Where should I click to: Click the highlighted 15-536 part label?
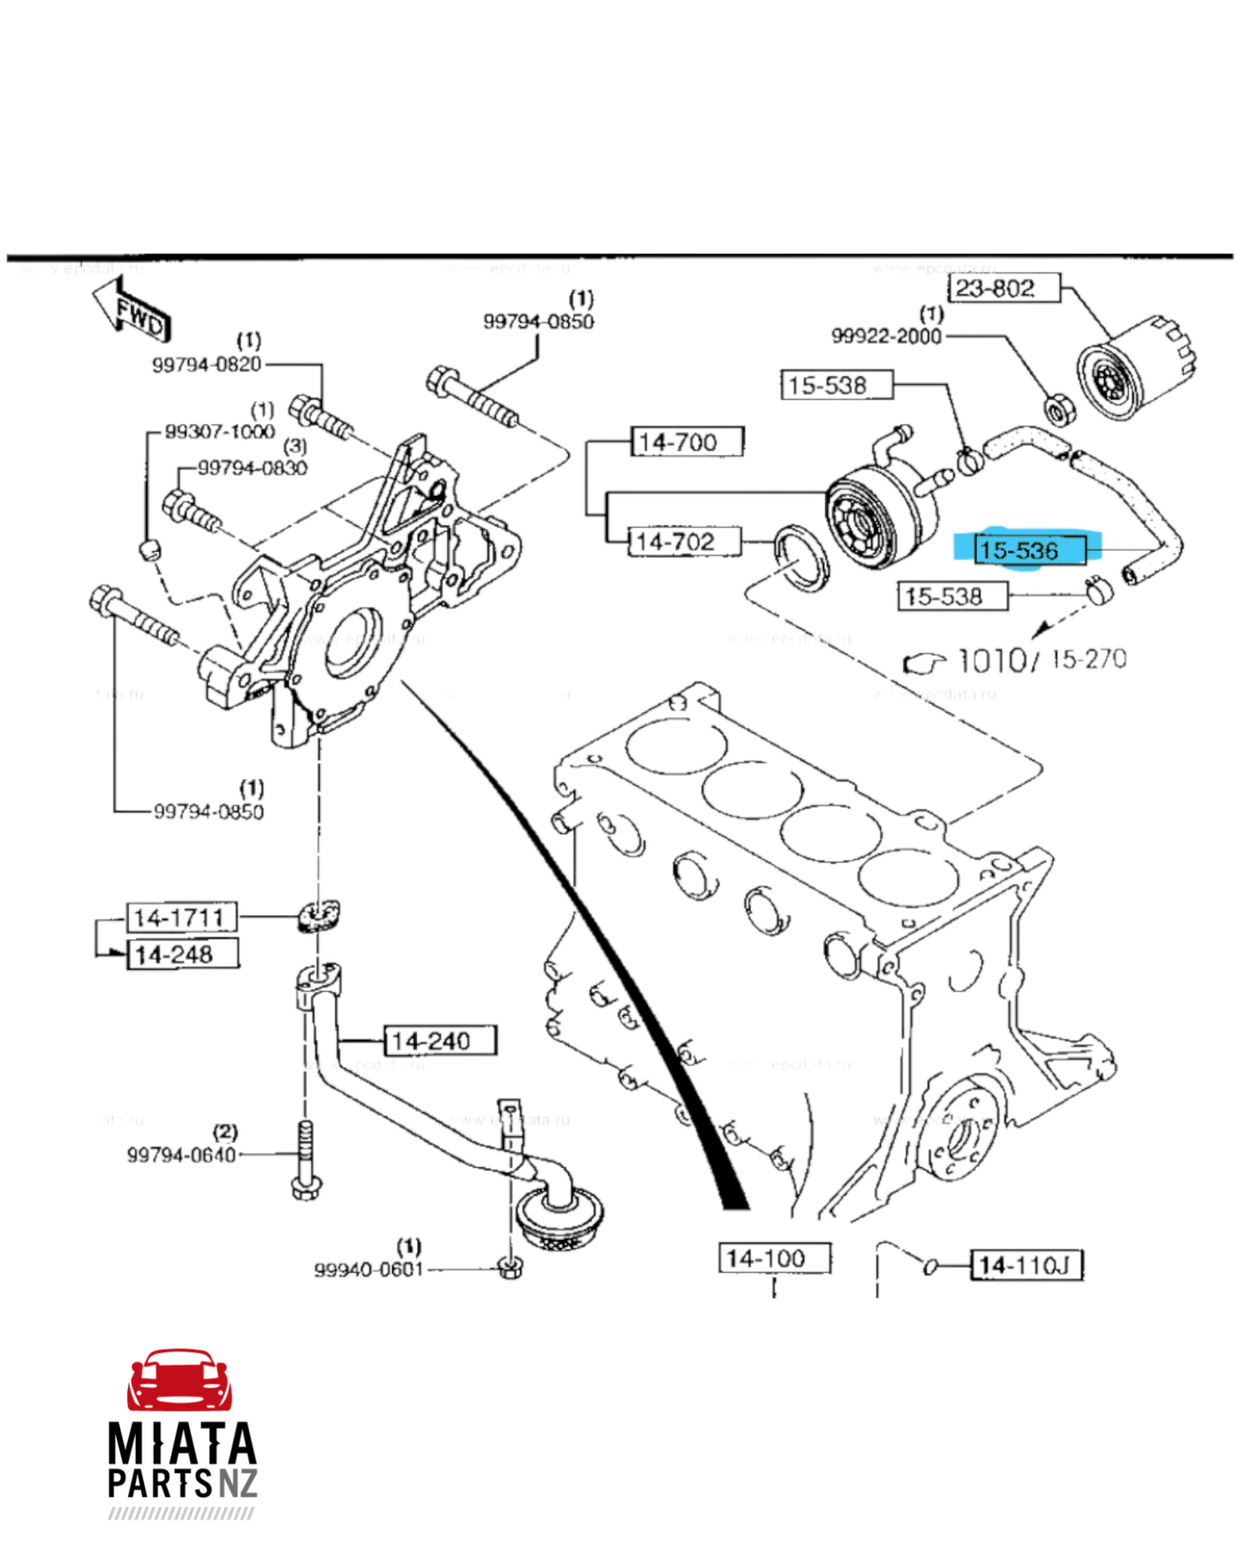click(1030, 548)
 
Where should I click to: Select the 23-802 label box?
click(1003, 288)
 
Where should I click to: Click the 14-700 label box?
click(687, 442)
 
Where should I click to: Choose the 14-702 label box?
click(684, 541)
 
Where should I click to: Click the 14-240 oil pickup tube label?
click(439, 1041)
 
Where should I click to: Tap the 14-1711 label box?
click(181, 918)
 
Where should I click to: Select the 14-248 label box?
click(182, 954)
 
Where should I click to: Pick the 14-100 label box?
click(774, 1258)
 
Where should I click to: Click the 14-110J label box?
click(1026, 1264)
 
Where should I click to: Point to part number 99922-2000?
click(886, 336)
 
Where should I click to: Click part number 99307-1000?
click(219, 431)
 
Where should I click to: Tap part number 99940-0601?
click(369, 1269)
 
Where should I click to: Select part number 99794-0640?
click(180, 1154)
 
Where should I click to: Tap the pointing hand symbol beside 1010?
click(924, 663)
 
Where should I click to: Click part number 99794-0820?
click(206, 364)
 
